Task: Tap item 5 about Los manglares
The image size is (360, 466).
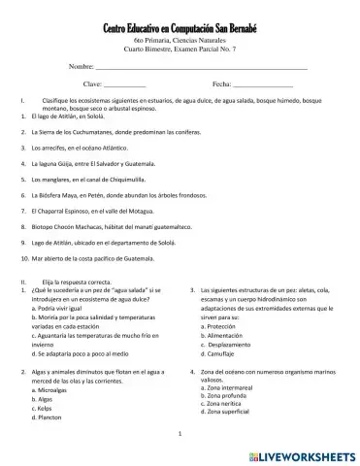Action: point(93,179)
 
